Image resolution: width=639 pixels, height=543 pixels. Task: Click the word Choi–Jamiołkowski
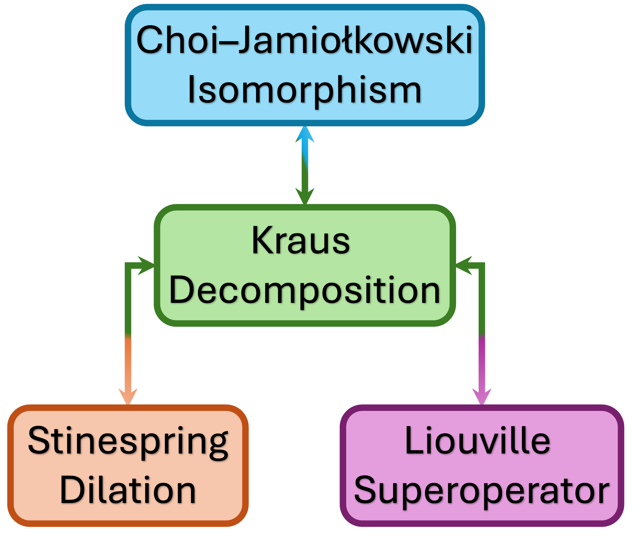pyautogui.click(x=304, y=40)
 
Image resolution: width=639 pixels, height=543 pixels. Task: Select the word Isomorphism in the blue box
pyautogui.click(x=304, y=90)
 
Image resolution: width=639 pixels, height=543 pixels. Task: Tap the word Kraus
pyautogui.click(x=301, y=241)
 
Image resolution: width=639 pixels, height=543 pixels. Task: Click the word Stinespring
pyautogui.click(x=128, y=441)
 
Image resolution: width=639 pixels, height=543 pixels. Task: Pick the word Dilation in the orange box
pyautogui.click(x=128, y=490)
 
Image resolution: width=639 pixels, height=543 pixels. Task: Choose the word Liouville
pyautogui.click(x=477, y=441)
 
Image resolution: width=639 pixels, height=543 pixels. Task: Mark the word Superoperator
pyautogui.click(x=482, y=490)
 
